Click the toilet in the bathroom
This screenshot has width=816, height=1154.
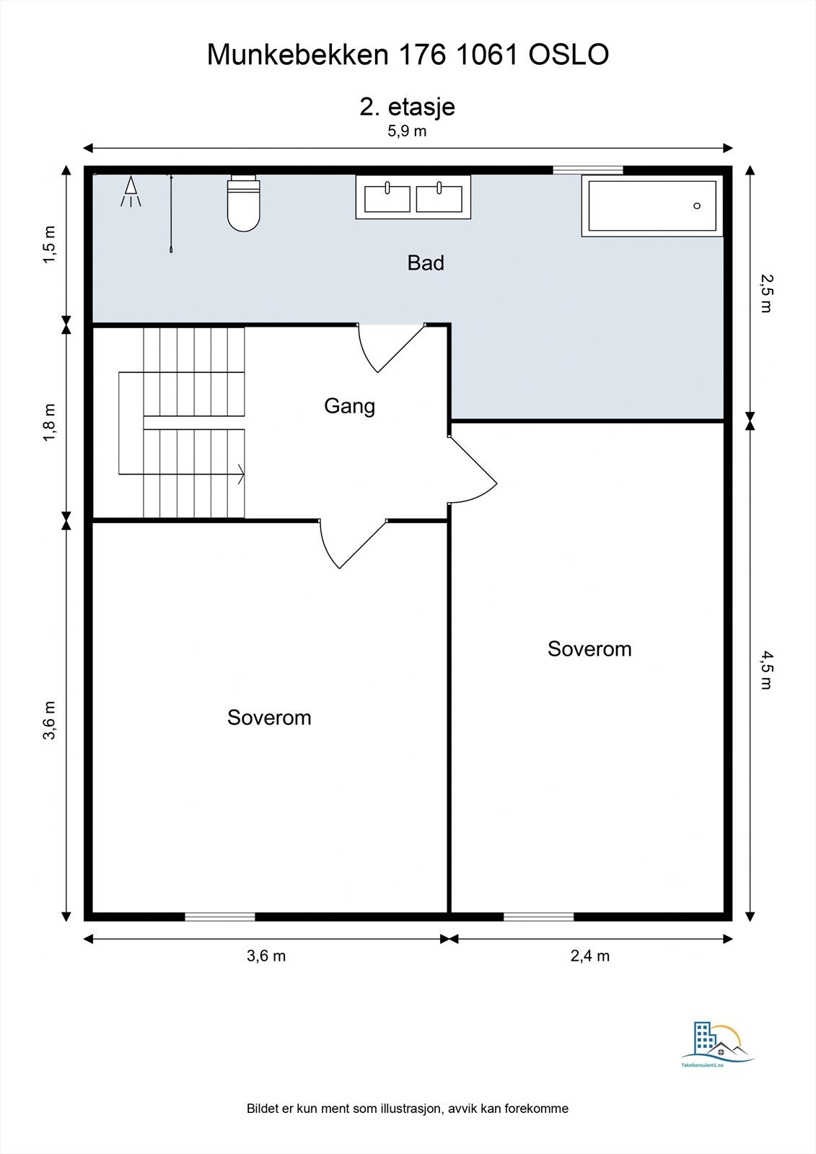243,203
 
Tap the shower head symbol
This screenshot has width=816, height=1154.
131,191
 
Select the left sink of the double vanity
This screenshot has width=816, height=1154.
387,198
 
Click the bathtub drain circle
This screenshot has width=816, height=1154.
697,206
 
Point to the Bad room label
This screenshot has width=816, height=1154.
425,263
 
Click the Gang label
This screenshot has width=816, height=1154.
349,407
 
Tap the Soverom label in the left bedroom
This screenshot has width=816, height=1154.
269,718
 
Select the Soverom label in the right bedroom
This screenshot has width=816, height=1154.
589,649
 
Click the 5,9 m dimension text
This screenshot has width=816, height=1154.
407,131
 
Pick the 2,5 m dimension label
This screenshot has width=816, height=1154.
766,294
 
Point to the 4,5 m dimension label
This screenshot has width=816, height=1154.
766,670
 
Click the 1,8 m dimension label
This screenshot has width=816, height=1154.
49,423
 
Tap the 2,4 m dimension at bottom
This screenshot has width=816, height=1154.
589,956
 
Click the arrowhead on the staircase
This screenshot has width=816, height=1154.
241,474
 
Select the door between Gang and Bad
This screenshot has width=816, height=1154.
392,348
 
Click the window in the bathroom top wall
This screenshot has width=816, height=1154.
588,170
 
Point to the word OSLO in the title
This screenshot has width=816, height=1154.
569,55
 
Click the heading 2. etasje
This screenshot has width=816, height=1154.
407,107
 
